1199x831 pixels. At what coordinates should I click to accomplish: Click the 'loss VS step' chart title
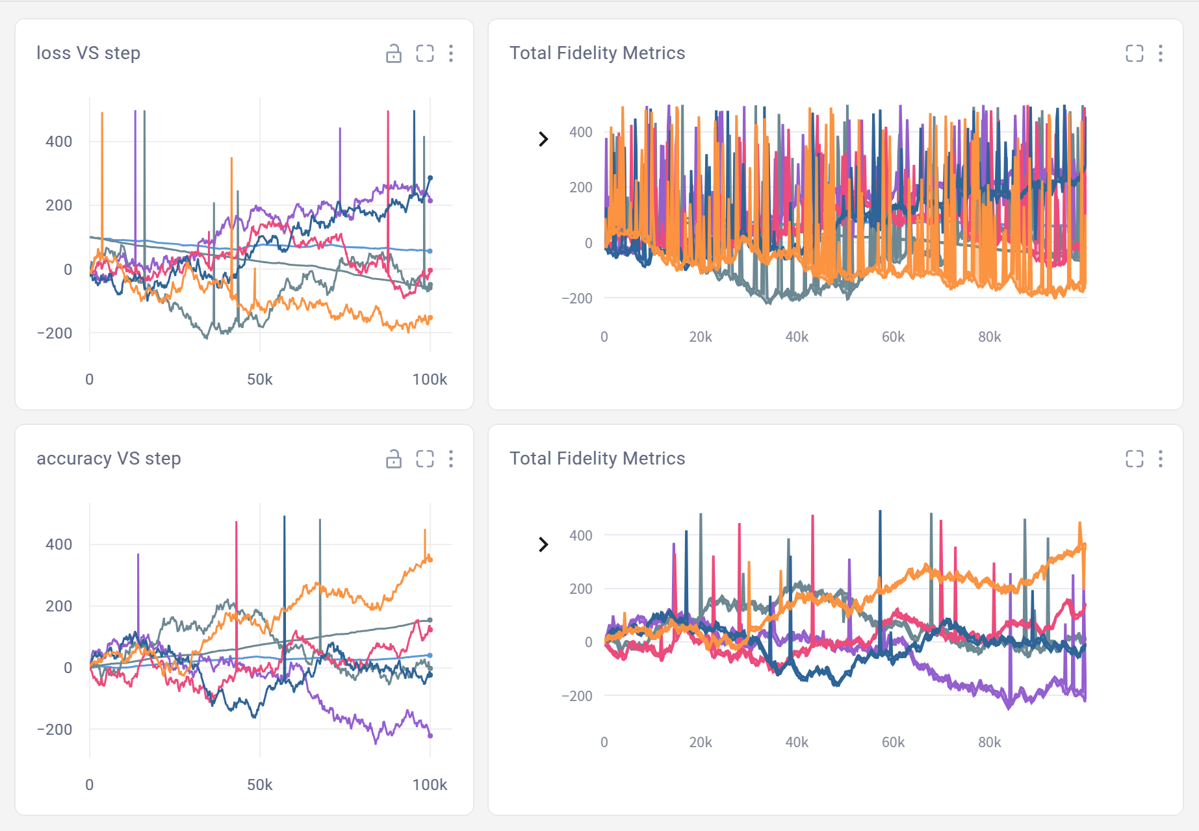(88, 53)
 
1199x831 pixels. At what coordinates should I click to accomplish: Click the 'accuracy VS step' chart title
(109, 459)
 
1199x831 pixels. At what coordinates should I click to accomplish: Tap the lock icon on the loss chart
(394, 53)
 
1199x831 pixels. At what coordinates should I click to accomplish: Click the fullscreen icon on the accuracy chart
(425, 459)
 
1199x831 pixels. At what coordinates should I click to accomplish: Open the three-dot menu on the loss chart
(451, 53)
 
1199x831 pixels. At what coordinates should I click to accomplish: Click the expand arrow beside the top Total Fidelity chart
(543, 139)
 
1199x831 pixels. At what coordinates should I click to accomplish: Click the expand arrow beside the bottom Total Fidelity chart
(543, 544)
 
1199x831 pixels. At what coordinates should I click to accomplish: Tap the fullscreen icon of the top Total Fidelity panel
(1135, 53)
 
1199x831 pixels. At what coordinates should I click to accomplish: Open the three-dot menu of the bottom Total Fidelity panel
(1161, 459)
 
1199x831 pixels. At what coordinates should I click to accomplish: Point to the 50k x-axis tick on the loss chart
(259, 379)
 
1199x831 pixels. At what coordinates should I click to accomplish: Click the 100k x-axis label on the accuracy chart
(430, 785)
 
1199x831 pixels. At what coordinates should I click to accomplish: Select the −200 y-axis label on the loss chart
(55, 333)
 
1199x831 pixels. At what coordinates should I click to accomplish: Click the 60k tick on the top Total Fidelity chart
(893, 337)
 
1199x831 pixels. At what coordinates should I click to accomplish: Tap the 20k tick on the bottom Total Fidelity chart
(701, 743)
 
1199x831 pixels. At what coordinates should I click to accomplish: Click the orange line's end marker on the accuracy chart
(430, 559)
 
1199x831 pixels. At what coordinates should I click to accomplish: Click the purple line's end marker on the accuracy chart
(430, 735)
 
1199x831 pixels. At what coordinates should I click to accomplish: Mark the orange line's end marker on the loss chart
(430, 318)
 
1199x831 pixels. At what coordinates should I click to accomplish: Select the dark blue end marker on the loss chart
(430, 178)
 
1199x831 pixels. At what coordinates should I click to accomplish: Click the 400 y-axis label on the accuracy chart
(58, 544)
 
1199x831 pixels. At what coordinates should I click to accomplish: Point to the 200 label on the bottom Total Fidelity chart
(580, 589)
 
